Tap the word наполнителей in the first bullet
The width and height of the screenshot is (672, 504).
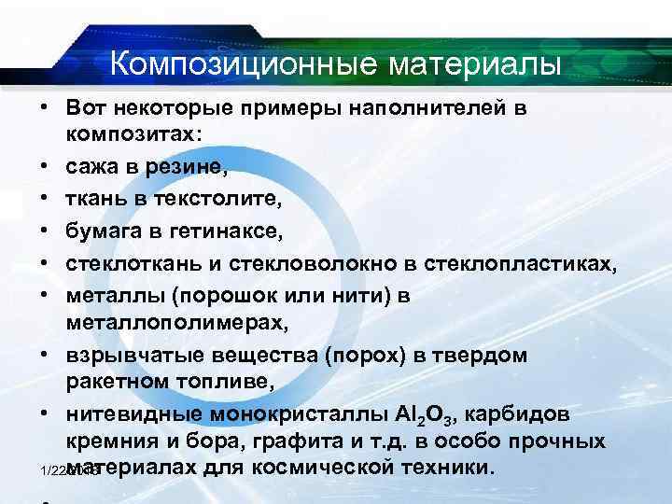click(427, 108)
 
